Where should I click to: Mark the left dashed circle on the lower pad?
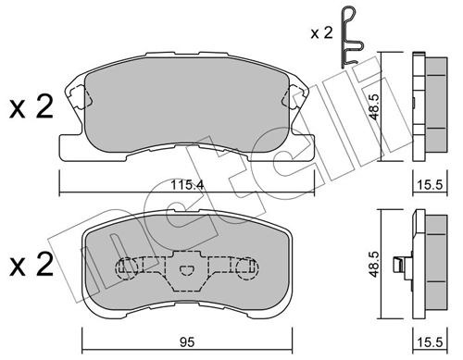click(x=130, y=269)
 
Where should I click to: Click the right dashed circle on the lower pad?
click(x=245, y=269)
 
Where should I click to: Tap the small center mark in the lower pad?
click(x=188, y=271)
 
